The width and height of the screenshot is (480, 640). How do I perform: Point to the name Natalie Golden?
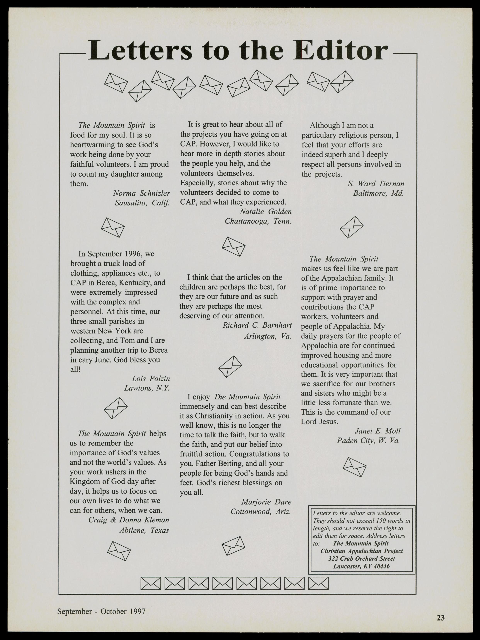tap(266, 211)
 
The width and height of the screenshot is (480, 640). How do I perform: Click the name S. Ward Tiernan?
tap(376, 184)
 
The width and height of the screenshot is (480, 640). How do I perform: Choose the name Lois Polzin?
tap(151, 379)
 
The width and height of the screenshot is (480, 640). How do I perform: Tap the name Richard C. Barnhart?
tap(257, 325)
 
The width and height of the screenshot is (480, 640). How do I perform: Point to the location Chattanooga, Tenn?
tap(258, 221)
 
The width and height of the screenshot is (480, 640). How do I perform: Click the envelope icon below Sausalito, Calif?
tap(113, 228)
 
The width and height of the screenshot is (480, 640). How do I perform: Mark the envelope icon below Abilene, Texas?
tap(119, 551)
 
